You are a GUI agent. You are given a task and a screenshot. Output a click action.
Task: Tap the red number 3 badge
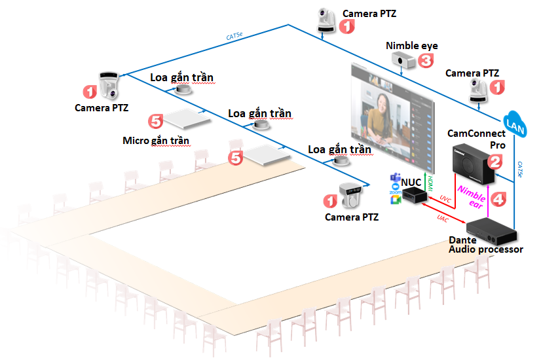[426, 61]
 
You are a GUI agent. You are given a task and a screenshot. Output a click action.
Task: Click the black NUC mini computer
[415, 194]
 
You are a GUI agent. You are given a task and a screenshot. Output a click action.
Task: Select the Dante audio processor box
[492, 230]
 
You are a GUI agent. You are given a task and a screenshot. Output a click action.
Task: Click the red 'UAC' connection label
[443, 220]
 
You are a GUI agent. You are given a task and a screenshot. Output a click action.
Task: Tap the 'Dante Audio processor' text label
[485, 245]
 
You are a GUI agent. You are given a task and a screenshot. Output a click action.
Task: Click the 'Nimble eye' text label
[411, 46]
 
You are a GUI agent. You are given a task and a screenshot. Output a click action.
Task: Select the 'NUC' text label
[411, 180]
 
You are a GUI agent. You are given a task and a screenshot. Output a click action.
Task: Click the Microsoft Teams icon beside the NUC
[395, 179]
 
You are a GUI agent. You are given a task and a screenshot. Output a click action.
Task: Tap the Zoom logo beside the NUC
[395, 192]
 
